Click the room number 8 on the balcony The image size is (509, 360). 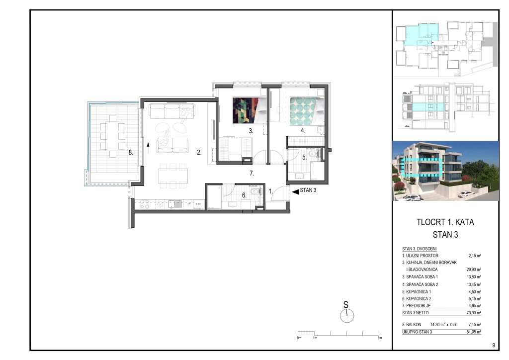click(x=131, y=152)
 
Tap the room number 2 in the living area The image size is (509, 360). click(x=199, y=152)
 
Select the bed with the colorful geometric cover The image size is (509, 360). click(x=250, y=111)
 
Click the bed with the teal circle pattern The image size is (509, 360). click(x=307, y=111)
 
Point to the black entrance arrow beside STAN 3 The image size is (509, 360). click(x=295, y=192)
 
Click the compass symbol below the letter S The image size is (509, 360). click(x=347, y=316)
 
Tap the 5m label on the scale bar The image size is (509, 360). click(x=379, y=338)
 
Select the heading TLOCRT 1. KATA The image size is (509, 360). click(x=445, y=222)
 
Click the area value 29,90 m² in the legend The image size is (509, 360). click(x=474, y=270)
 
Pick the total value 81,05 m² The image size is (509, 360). click(x=474, y=332)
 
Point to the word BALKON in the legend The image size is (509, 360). click(x=414, y=324)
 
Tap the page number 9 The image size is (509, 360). click(x=494, y=345)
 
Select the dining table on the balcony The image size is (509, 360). click(x=113, y=136)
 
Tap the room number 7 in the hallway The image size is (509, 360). click(x=252, y=174)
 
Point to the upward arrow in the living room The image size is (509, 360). click(x=148, y=148)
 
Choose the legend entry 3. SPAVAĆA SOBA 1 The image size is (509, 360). click(x=420, y=277)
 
